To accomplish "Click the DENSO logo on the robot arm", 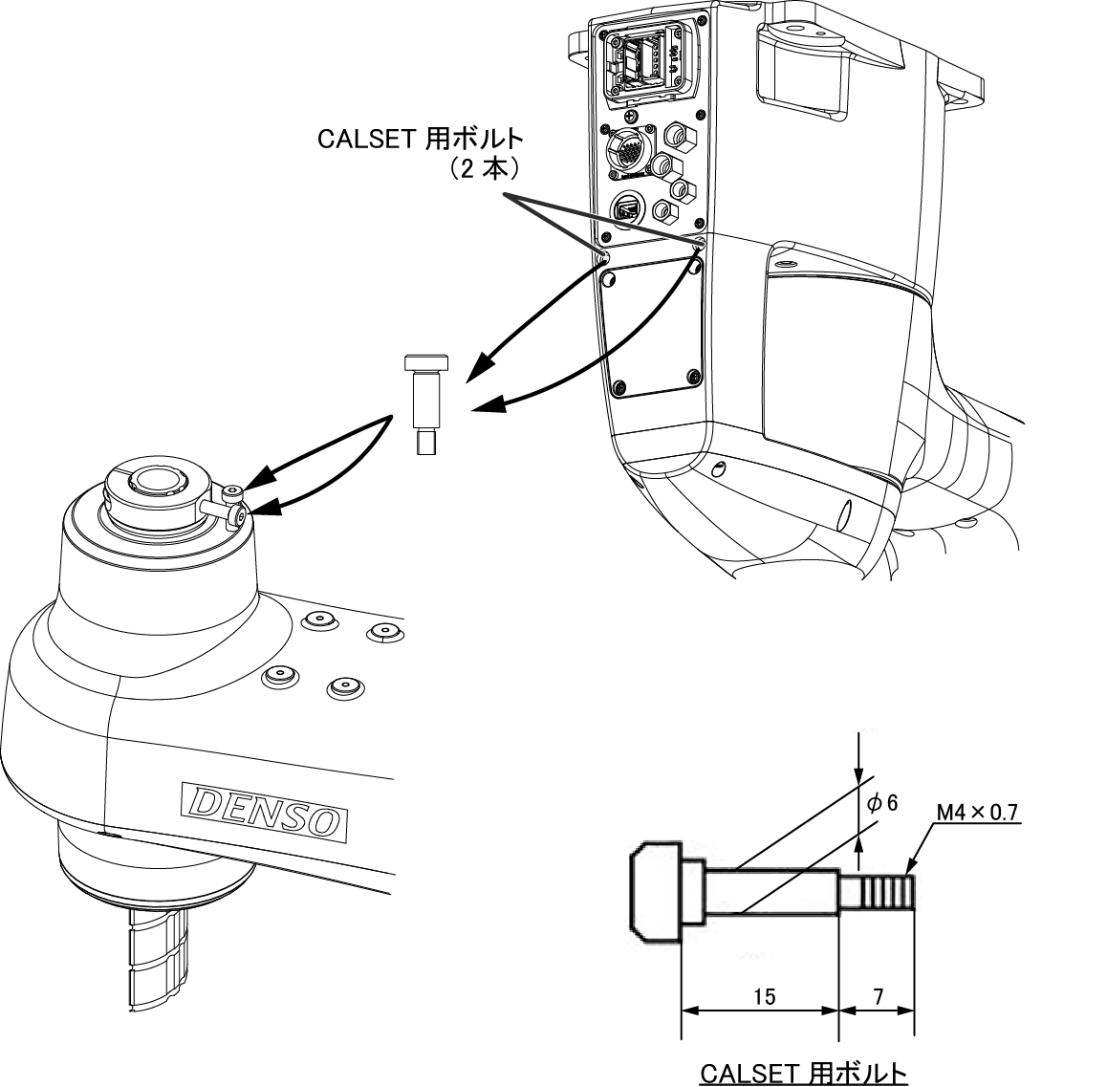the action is [x=264, y=811].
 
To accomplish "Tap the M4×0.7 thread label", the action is [x=977, y=813].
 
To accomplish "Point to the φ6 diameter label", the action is [x=882, y=802].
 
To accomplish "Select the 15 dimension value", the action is [x=764, y=996].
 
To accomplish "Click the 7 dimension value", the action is [x=879, y=996].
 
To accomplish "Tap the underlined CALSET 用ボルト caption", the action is [x=803, y=1073].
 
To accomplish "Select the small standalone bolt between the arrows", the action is [x=426, y=403].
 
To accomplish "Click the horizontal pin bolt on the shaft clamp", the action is [x=223, y=512].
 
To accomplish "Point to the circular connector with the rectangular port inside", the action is [x=625, y=208].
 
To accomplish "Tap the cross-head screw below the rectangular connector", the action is [x=631, y=115].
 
